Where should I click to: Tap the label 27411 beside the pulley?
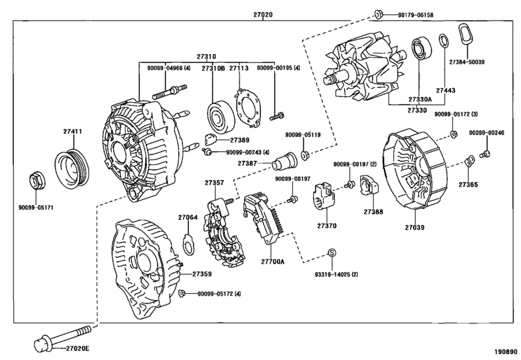72,131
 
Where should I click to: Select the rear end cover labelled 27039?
416,168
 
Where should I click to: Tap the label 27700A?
274,262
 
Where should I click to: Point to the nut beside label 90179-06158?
379,14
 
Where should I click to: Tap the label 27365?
468,184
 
